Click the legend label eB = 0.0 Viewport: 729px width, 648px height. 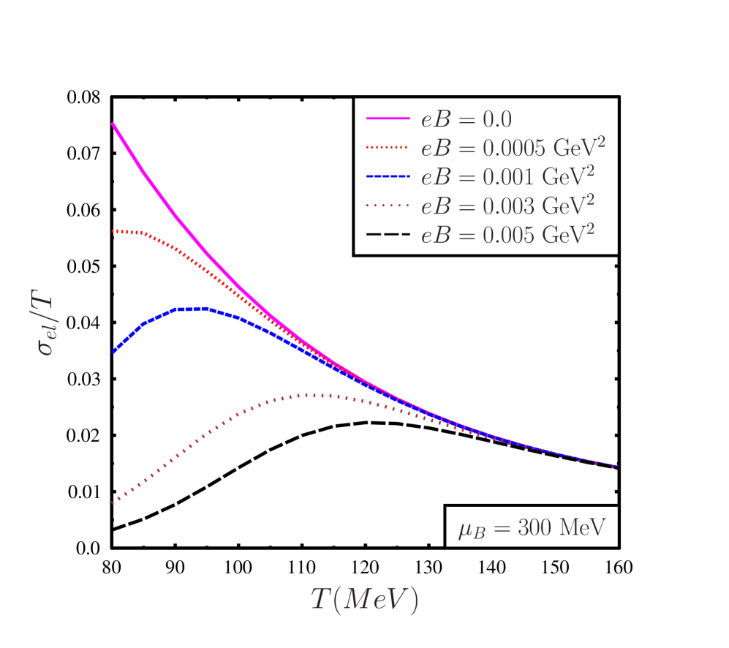(466, 120)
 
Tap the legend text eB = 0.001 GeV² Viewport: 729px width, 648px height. (507, 176)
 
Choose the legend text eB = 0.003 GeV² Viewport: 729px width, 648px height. (507, 205)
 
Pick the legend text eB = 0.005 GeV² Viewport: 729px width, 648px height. (507, 234)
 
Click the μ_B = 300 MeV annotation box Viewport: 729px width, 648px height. (532, 527)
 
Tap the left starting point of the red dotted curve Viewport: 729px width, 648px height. (113, 231)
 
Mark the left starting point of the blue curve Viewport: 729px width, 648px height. (113, 353)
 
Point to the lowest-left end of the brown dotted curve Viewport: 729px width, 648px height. (113, 504)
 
